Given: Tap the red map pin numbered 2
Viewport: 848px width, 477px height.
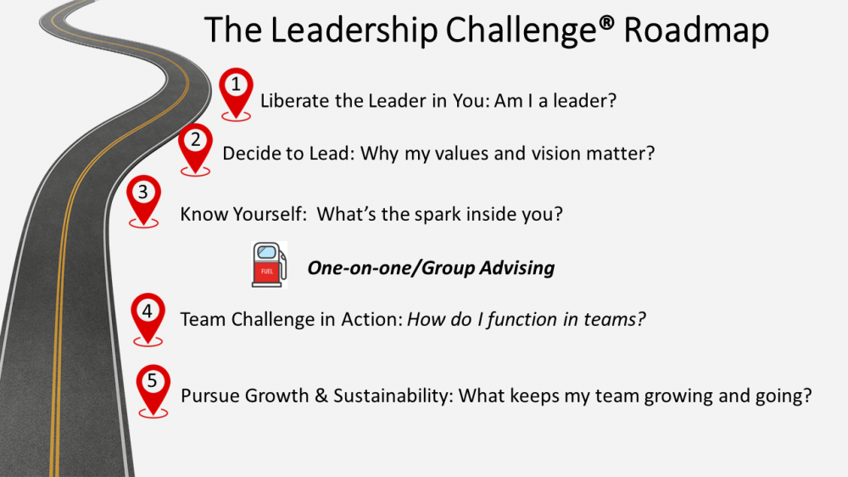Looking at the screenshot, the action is (195, 148).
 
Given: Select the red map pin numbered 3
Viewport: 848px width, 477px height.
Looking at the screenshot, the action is (143, 199).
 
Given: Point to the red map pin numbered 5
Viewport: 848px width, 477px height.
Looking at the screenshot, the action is (153, 390).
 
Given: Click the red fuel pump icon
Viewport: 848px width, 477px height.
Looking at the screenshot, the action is (269, 265).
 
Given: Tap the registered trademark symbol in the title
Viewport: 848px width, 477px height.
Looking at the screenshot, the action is (607, 22).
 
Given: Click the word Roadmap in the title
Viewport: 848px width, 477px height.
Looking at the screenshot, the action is (696, 31).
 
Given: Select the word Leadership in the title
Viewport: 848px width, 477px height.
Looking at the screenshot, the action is (354, 30).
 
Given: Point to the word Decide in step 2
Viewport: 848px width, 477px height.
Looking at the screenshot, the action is (247, 154).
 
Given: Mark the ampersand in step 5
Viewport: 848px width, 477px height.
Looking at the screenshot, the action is (321, 396).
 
